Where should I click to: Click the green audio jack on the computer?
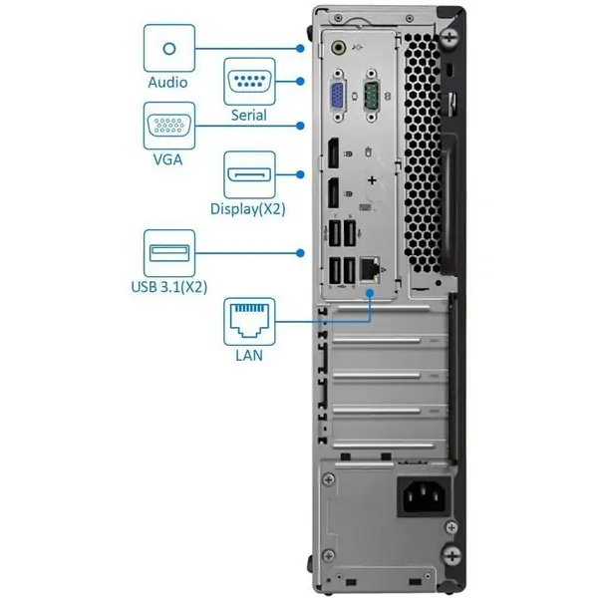click(x=340, y=46)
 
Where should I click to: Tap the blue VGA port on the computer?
click(x=338, y=97)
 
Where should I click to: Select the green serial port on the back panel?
click(x=371, y=97)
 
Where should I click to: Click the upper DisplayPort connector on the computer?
click(x=328, y=156)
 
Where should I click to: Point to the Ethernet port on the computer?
click(x=370, y=267)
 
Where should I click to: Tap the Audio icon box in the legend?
click(x=167, y=48)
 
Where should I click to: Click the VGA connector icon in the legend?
click(x=167, y=127)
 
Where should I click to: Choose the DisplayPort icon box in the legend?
click(x=248, y=175)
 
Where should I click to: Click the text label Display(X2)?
click(x=248, y=209)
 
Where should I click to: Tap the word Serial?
click(x=248, y=115)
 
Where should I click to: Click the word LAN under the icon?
click(x=248, y=354)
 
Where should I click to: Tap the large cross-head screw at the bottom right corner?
click(x=452, y=555)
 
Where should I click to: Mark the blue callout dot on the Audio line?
click(x=300, y=47)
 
